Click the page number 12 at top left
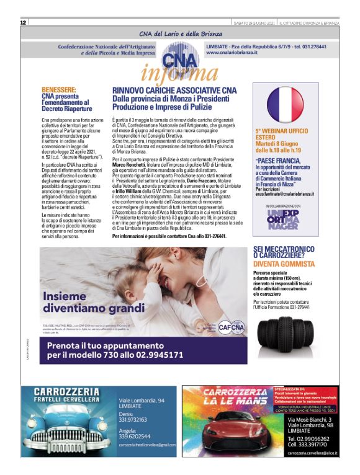[x=23, y=22]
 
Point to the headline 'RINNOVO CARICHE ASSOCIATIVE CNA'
[x=174, y=91]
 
